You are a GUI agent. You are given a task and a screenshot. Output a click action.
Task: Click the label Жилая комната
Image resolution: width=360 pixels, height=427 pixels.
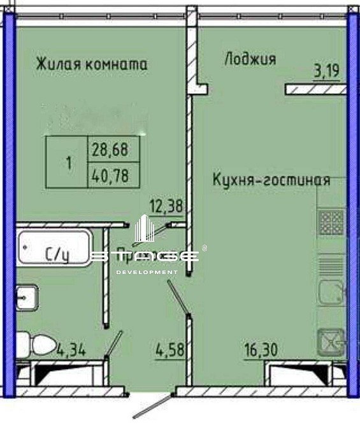(92, 64)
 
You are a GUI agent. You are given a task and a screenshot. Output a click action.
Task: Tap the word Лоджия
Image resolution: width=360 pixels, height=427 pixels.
(250, 59)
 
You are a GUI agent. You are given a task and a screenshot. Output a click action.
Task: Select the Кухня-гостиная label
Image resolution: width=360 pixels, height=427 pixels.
(271, 180)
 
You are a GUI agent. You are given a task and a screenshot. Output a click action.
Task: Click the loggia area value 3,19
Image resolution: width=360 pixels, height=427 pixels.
(325, 72)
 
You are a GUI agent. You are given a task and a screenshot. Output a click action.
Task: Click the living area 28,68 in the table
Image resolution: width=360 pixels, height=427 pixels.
(110, 150)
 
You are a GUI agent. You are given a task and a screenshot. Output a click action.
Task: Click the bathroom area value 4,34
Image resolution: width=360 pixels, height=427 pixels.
(71, 349)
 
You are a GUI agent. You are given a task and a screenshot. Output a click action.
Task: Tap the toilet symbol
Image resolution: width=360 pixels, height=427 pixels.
(41, 345)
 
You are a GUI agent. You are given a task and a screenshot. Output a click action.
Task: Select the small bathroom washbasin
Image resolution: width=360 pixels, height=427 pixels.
(27, 297)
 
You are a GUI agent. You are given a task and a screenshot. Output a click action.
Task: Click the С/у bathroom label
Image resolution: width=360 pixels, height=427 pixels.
(57, 256)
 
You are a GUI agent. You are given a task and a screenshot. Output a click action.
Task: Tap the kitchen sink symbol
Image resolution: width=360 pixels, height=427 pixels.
(331, 293)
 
